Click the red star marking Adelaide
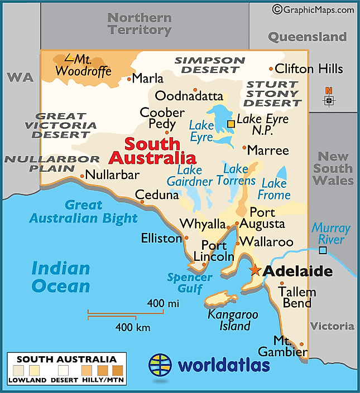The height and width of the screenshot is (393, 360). click(x=255, y=270)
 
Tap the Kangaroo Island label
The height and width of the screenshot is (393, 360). click(x=233, y=320)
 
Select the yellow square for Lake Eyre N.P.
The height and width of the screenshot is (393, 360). click(x=231, y=123)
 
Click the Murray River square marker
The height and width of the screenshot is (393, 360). click(x=323, y=250)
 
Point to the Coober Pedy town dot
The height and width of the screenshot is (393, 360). click(x=166, y=132)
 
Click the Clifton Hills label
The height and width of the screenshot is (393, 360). click(x=309, y=69)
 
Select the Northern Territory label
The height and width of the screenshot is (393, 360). click(x=140, y=23)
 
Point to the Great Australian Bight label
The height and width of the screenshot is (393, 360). click(x=83, y=211)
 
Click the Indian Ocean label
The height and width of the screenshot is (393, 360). click(x=60, y=277)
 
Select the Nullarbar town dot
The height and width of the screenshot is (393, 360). click(x=82, y=176)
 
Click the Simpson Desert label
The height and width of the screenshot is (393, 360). click(x=209, y=65)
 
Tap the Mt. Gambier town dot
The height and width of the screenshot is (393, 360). click(x=302, y=344)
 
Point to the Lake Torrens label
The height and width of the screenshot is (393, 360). click(x=239, y=174)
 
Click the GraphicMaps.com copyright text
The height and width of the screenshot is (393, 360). click(x=313, y=9)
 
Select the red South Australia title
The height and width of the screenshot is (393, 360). click(x=152, y=151)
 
